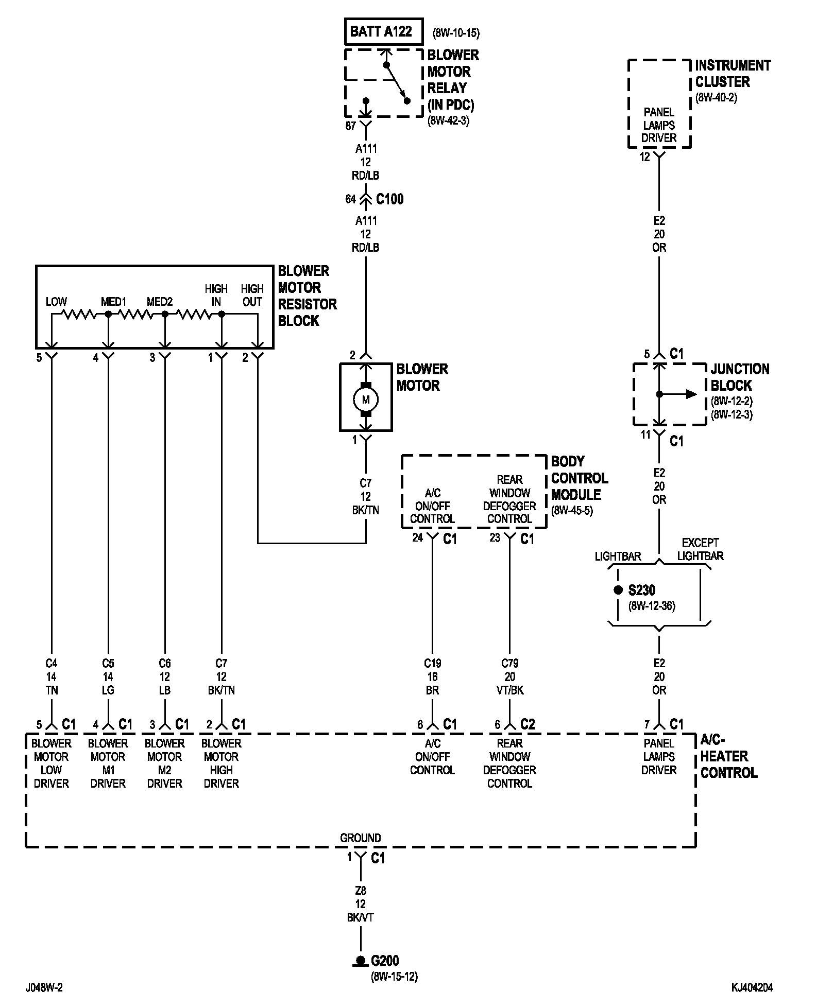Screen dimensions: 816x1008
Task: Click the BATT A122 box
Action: pyautogui.click(x=383, y=32)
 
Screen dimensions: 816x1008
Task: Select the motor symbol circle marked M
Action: pyautogui.click(x=366, y=399)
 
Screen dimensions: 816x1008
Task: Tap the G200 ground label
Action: pyautogui.click(x=385, y=961)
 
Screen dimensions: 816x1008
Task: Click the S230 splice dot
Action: pyautogui.click(x=618, y=590)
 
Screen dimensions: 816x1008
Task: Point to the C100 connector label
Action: pyautogui.click(x=389, y=199)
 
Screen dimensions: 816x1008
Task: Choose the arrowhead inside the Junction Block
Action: pyautogui.click(x=691, y=395)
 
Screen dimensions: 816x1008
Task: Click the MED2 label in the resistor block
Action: pyautogui.click(x=160, y=302)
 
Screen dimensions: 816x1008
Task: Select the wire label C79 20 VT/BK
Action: pyautogui.click(x=510, y=677)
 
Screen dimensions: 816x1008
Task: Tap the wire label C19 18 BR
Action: pyautogui.click(x=433, y=677)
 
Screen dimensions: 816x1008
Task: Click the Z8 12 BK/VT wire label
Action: pyautogui.click(x=361, y=904)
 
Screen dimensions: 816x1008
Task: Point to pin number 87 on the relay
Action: pyautogui.click(x=350, y=126)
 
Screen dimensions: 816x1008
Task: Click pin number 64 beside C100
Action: pyautogui.click(x=350, y=199)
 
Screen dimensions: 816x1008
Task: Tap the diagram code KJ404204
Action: pyautogui.click(x=752, y=987)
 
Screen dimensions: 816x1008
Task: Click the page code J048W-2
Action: pyautogui.click(x=44, y=987)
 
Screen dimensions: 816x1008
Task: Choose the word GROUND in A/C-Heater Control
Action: pyautogui.click(x=361, y=838)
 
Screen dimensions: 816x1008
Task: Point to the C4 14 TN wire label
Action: pyautogui.click(x=52, y=677)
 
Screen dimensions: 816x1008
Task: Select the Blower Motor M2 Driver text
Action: pyautogui.click(x=165, y=763)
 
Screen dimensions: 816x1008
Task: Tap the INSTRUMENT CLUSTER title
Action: pyautogui.click(x=733, y=74)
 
